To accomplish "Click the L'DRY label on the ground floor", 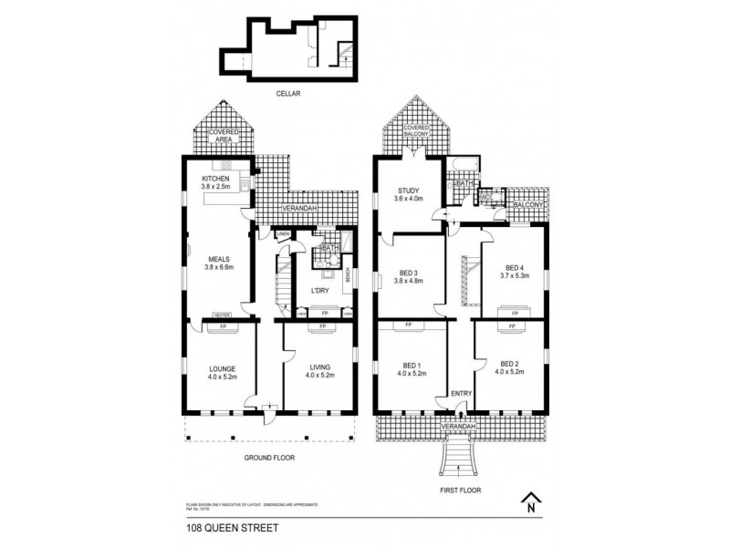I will pos(319,291).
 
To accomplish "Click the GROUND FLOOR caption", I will pos(268,458).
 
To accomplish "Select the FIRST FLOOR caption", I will pos(461,490).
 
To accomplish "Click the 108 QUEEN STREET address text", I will pos(216,528).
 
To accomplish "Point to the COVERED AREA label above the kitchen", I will pos(224,138).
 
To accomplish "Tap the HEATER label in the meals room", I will pos(222,315).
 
